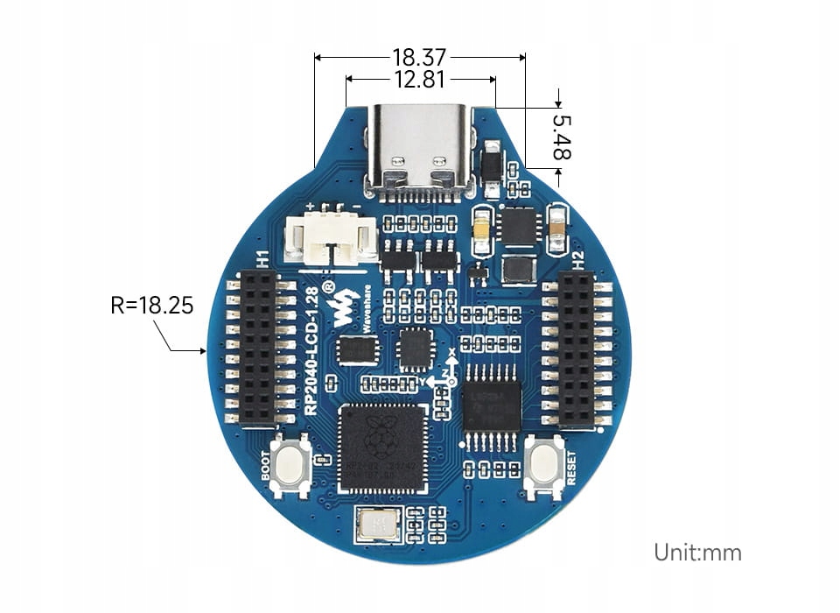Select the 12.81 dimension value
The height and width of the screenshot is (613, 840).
point(421,80)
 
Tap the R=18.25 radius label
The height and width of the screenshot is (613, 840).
point(152,306)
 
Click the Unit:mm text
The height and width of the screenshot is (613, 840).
point(697,553)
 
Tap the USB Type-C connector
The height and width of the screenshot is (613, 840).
point(421,148)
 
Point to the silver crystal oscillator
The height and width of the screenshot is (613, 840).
point(377,525)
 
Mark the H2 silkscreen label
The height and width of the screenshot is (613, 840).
point(577,259)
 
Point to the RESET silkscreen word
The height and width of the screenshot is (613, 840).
point(571,469)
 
